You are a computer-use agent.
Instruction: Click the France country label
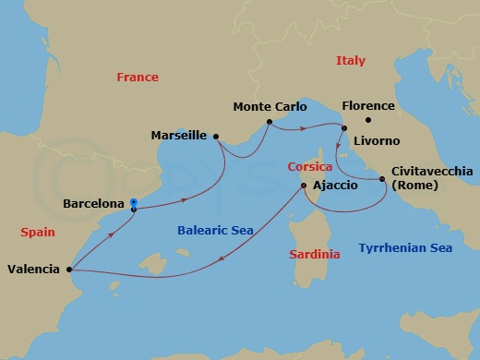click(x=138, y=78)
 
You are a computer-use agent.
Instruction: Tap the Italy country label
click(x=350, y=61)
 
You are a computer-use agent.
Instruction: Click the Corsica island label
click(x=309, y=167)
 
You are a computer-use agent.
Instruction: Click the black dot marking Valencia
click(x=70, y=270)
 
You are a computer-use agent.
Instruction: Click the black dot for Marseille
click(x=216, y=137)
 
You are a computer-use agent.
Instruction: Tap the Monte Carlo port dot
click(x=269, y=122)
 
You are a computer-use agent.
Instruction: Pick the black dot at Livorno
click(x=343, y=128)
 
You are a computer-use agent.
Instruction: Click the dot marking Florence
click(x=367, y=120)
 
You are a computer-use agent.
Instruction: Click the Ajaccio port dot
click(x=305, y=186)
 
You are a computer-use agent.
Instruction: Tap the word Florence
click(x=367, y=106)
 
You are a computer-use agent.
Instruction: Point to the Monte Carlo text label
click(x=269, y=107)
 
